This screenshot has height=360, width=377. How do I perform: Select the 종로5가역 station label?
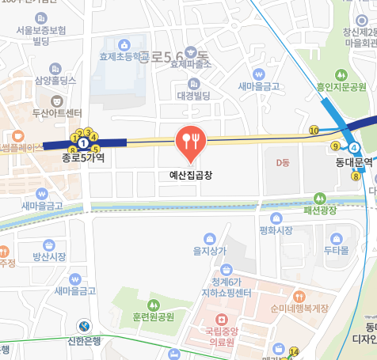point(83,157)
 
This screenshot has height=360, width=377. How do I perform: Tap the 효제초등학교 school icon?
point(123,45)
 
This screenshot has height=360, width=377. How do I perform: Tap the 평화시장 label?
point(276,230)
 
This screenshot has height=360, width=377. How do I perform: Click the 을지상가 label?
point(210,251)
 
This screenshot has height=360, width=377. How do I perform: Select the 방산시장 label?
point(49,257)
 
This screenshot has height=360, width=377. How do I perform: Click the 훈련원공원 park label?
point(154,317)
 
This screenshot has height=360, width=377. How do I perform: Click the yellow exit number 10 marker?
point(314,131)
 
